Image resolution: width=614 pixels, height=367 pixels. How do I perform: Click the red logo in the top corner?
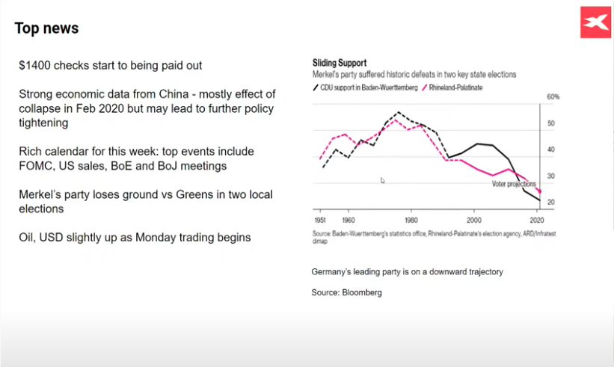(595, 22)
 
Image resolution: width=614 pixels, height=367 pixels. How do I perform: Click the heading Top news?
(46, 28)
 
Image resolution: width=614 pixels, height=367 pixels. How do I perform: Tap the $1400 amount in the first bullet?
(34, 65)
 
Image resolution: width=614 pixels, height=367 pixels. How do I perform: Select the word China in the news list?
(174, 94)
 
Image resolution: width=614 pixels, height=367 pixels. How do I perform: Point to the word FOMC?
(36, 166)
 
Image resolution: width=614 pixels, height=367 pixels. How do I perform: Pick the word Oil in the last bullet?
(27, 238)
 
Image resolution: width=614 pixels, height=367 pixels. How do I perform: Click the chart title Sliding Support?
(340, 63)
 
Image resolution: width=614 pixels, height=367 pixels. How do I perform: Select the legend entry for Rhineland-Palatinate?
(452, 87)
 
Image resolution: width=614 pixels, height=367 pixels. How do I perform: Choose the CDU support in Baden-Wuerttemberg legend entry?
(366, 87)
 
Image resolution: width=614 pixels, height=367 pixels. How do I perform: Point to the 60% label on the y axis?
(553, 97)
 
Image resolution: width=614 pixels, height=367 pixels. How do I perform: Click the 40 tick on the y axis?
(551, 149)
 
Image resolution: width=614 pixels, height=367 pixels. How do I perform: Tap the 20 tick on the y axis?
(551, 203)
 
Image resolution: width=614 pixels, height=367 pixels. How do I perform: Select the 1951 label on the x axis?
(320, 220)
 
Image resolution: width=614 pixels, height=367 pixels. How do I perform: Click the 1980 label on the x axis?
(411, 220)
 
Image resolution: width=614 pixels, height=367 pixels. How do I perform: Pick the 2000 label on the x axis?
(474, 220)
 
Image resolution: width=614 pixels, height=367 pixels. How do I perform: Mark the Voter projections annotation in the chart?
(514, 184)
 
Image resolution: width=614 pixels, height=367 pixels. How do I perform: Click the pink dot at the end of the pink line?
(540, 191)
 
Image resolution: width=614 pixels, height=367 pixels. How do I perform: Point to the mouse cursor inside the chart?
(383, 180)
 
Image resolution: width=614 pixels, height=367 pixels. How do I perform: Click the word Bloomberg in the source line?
(362, 293)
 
